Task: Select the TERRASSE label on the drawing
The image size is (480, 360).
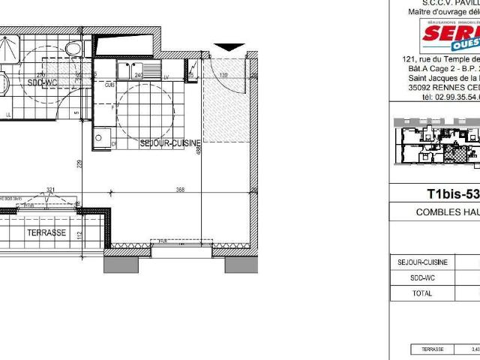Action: [47, 232]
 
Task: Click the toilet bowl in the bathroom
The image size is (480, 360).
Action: [72, 49]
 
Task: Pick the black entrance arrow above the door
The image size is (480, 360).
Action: [229, 46]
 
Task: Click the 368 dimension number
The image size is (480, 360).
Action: [180, 190]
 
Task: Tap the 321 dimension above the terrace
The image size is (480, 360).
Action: [51, 190]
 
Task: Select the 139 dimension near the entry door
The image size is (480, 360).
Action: [223, 76]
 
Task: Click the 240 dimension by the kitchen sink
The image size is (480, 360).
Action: [138, 76]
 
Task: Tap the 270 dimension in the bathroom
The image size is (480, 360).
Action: [42, 76]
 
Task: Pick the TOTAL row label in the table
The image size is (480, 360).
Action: [423, 293]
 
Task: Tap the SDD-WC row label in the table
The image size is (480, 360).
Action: [423, 277]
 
